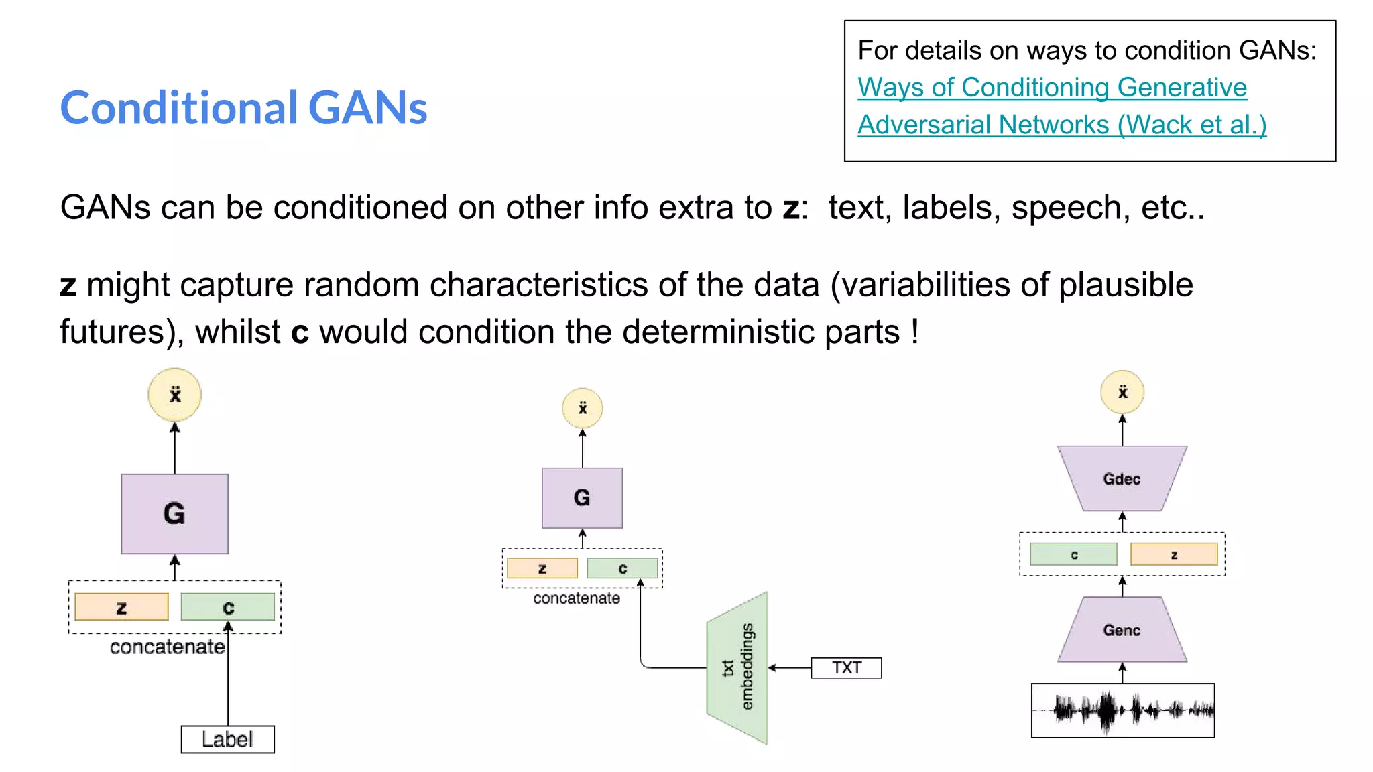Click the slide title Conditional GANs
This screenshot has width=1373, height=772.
pyautogui.click(x=243, y=108)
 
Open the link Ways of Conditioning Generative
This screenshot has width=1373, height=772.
pyautogui.click(x=1052, y=88)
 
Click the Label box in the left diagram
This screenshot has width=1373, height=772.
pyautogui.click(x=227, y=739)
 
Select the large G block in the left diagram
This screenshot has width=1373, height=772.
pyautogui.click(x=174, y=514)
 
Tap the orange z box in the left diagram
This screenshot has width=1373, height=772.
pyautogui.click(x=121, y=607)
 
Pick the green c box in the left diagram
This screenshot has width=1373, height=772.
pyautogui.click(x=228, y=607)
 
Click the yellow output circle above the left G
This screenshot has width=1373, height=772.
pyautogui.click(x=174, y=395)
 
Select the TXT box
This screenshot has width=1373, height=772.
pyautogui.click(x=846, y=668)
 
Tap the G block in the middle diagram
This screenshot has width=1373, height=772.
pyautogui.click(x=582, y=498)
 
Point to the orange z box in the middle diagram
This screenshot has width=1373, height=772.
pyautogui.click(x=542, y=568)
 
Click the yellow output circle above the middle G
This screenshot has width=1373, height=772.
pyautogui.click(x=582, y=408)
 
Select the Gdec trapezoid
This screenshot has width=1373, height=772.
pyautogui.click(x=1122, y=479)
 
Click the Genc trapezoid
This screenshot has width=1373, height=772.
pyautogui.click(x=1122, y=630)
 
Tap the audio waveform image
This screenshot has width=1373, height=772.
pyautogui.click(x=1123, y=710)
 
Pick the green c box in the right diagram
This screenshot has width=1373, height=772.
pyautogui.click(x=1073, y=554)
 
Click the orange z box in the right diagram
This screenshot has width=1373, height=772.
pyautogui.click(x=1174, y=554)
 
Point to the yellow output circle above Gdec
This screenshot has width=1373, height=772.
pyautogui.click(x=1122, y=392)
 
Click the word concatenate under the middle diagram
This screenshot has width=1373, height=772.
pyautogui.click(x=576, y=598)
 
